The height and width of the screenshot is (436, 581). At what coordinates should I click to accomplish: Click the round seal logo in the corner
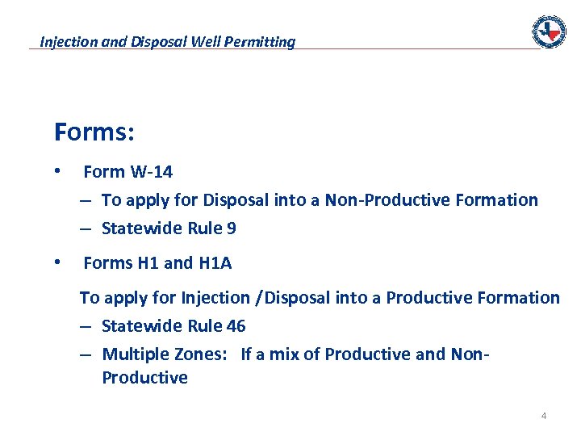pyautogui.click(x=549, y=31)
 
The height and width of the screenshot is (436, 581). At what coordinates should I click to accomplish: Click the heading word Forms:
pyautogui.click(x=94, y=132)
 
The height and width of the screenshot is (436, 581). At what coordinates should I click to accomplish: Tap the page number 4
pyautogui.click(x=543, y=416)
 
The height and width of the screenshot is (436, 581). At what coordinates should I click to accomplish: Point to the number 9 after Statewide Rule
pyautogui.click(x=232, y=228)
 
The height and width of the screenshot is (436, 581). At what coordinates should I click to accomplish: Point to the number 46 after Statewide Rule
pyautogui.click(x=236, y=326)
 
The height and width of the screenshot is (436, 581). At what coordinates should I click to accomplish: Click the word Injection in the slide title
pyautogui.click(x=69, y=41)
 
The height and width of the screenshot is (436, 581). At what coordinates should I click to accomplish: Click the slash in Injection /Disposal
pyautogui.click(x=258, y=298)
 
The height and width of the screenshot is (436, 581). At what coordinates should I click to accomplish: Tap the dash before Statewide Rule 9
pyautogui.click(x=86, y=228)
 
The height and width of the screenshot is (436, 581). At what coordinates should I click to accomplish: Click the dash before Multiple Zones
pyautogui.click(x=86, y=354)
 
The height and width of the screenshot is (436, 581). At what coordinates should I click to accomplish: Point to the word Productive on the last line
pyautogui.click(x=144, y=378)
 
